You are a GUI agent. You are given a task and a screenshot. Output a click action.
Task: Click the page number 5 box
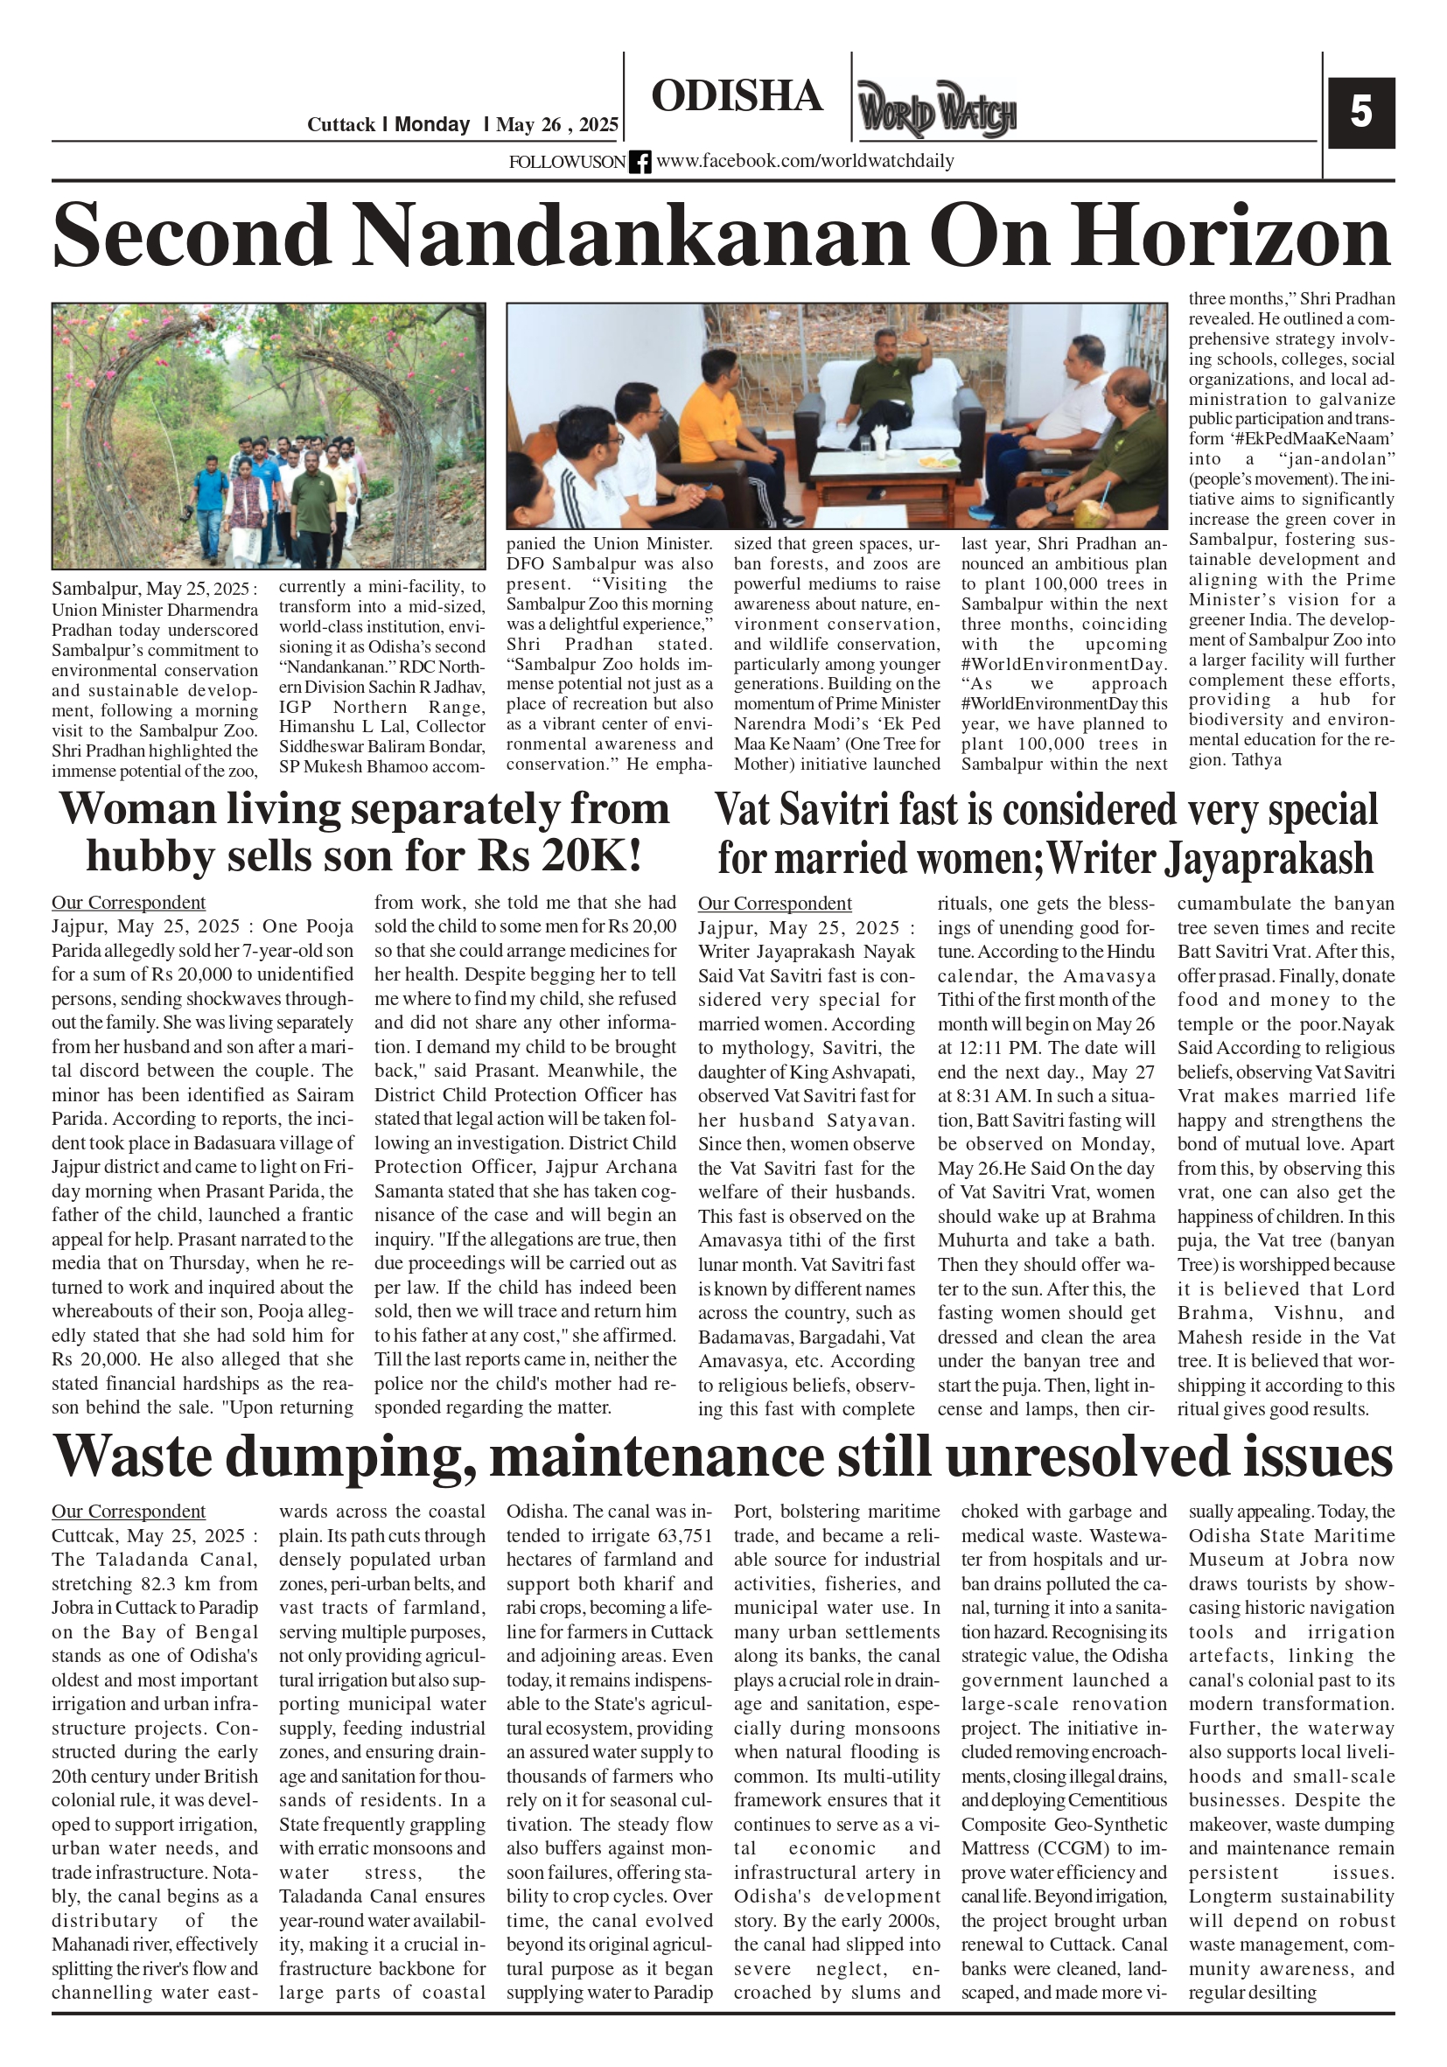1360,114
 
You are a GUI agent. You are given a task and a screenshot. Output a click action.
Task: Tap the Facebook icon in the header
640,162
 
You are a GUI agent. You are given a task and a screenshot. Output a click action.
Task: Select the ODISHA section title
737,96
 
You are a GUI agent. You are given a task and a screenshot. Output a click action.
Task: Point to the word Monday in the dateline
432,125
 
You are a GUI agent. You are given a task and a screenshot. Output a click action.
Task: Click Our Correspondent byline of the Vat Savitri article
774,903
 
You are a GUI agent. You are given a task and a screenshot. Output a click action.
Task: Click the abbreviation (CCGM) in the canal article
1052,1849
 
